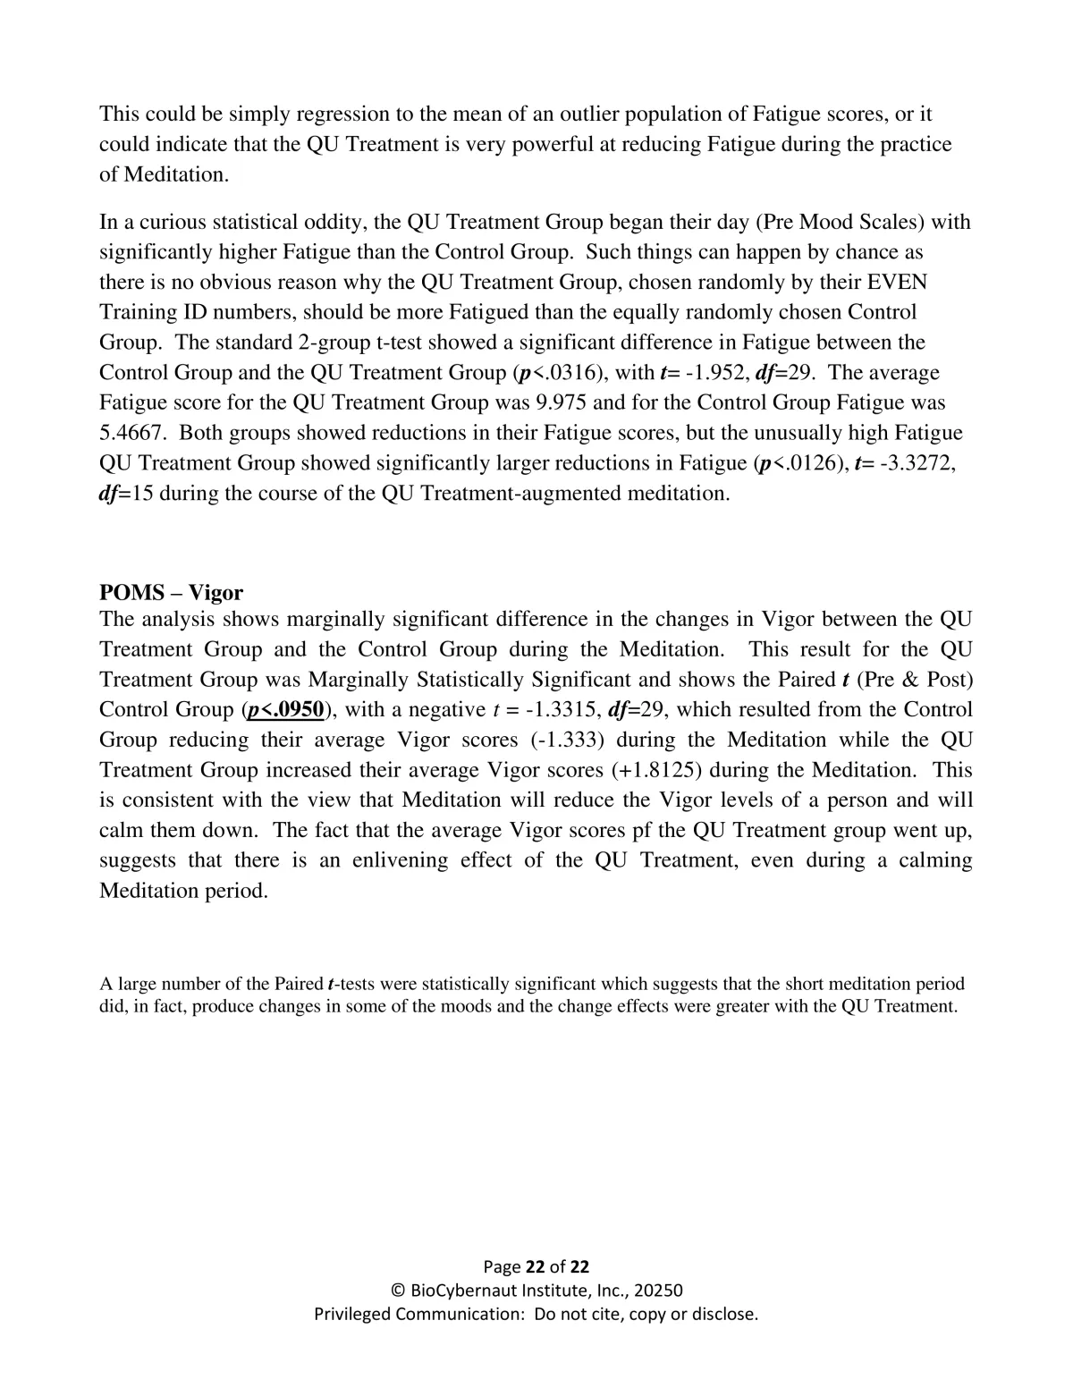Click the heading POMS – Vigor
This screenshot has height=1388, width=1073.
pos(171,592)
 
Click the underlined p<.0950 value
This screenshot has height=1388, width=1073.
pos(285,709)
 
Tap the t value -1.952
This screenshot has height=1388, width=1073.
pos(712,372)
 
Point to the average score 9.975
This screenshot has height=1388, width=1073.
pos(567,402)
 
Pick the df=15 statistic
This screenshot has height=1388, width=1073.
pos(126,493)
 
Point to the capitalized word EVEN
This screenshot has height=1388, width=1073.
pos(897,282)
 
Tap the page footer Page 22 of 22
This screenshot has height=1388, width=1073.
pos(536,1266)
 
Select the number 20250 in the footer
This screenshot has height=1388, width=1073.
pos(658,1291)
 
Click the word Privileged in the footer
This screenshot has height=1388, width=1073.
pos(353,1314)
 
